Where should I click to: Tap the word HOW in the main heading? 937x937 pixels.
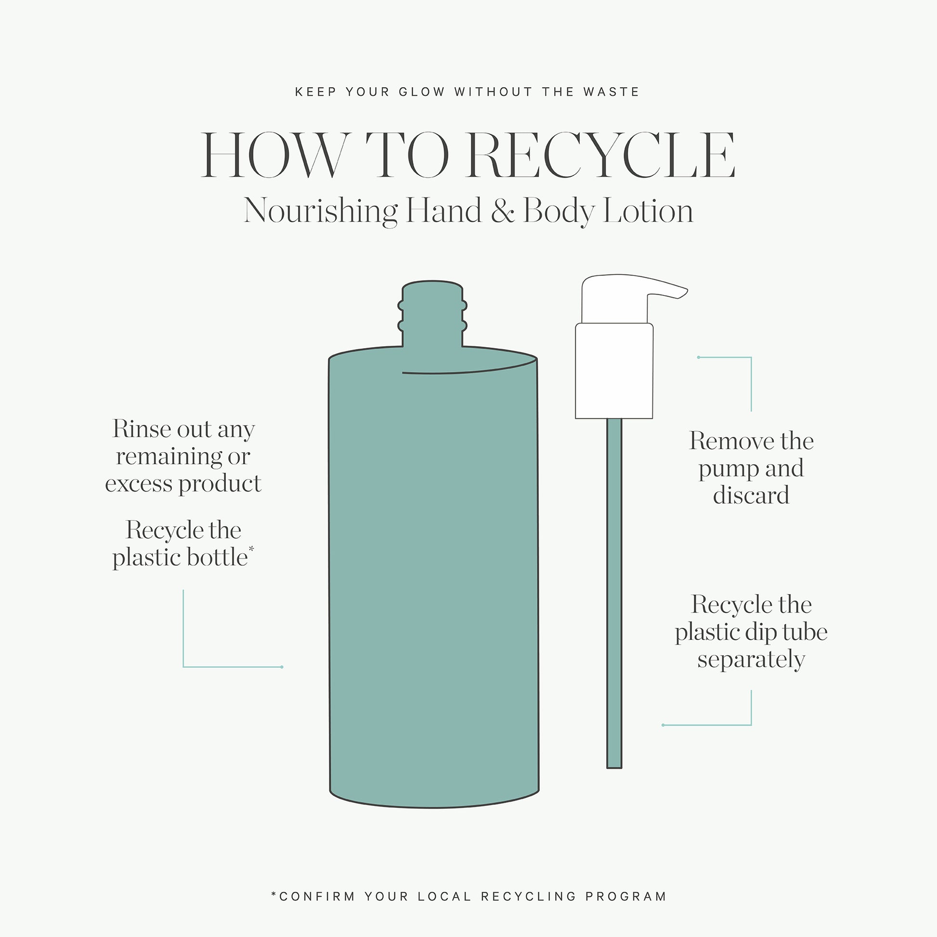click(275, 155)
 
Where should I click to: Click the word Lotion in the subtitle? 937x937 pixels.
click(648, 211)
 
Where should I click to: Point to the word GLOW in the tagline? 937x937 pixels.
click(421, 92)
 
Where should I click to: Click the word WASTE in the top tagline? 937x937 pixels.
click(611, 92)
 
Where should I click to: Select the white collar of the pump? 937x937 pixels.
click(614, 371)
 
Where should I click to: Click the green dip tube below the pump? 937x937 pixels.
click(614, 594)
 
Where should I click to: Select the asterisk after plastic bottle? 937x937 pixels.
click(251, 549)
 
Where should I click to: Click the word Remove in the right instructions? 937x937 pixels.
click(721, 442)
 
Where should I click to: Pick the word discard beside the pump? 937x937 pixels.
click(751, 495)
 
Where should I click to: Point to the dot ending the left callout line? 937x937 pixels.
click(282, 667)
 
